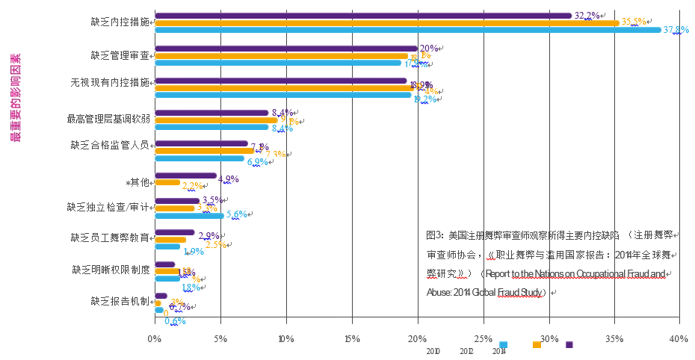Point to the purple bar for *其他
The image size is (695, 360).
coord(185,176)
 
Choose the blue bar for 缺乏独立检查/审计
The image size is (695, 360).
coord(189,216)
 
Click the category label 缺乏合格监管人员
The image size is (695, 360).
coord(109,145)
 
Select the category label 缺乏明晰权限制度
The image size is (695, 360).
coord(111,269)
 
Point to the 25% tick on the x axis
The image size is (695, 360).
coord(483,339)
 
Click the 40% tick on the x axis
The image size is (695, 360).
coord(679,339)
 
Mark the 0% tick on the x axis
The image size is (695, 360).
coord(155,339)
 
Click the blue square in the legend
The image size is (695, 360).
coord(504,345)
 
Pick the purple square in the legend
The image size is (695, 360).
coord(569,345)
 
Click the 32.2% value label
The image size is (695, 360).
coord(587,15)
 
